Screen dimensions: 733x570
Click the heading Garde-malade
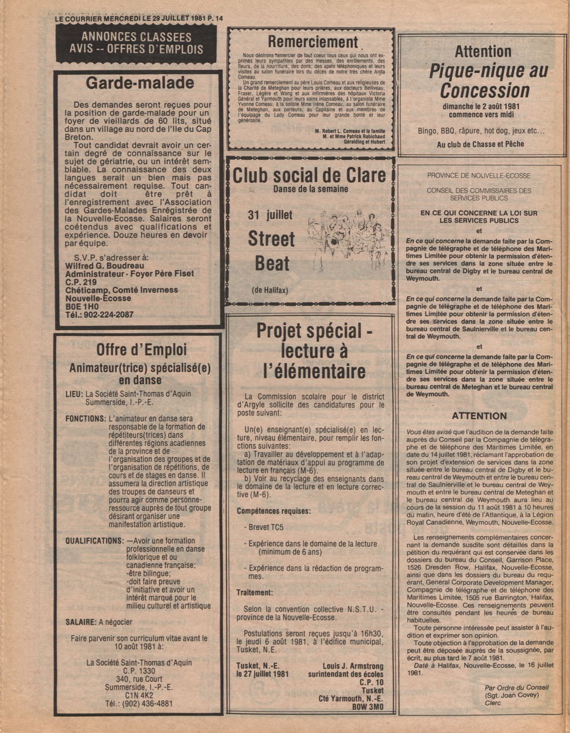pos(140,83)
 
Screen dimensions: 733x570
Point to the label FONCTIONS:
pos(85,418)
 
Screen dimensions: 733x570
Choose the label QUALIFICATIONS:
pos(95,541)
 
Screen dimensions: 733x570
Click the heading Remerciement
pos(313,41)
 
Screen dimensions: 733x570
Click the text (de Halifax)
pos(270,290)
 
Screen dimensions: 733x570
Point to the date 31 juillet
pos(270,215)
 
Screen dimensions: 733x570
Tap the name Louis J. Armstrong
pos(353,666)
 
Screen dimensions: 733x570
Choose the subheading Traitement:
pos(254,592)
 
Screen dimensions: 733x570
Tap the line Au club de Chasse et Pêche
pos(480,144)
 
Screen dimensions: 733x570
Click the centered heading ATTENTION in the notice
pos(479,416)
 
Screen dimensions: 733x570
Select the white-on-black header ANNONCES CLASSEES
pos(136,37)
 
